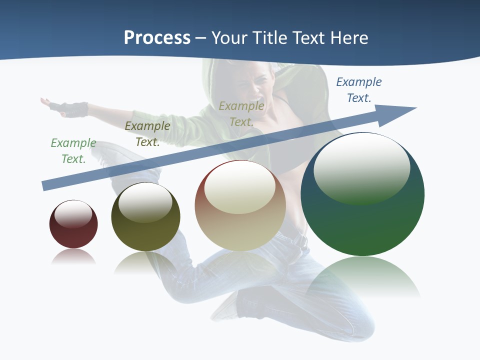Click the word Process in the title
pos(157,38)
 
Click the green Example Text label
pos(73,151)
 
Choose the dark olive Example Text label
pos(147,134)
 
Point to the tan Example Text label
pos(241,114)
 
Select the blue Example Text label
pos(359,90)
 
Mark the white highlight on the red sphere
pos(73,213)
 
